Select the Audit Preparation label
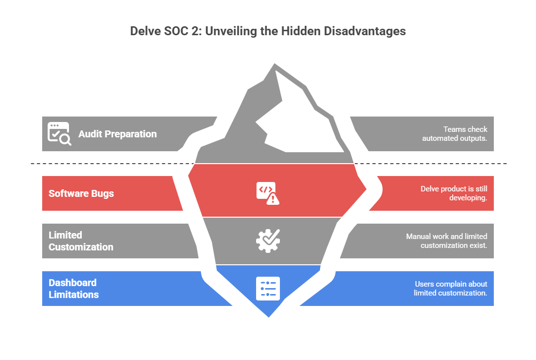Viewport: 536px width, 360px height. (x=117, y=134)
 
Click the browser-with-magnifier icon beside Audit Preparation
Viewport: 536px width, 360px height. (x=59, y=133)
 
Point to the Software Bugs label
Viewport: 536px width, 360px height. (x=81, y=193)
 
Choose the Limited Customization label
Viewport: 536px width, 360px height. (x=80, y=241)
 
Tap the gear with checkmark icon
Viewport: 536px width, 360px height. (x=268, y=240)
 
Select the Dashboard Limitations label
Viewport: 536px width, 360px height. (x=73, y=289)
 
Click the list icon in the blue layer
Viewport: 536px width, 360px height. (x=268, y=289)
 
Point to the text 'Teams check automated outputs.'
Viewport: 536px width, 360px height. (x=455, y=134)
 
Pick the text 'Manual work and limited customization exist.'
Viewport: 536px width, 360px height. (x=446, y=241)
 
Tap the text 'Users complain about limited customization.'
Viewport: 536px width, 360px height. (x=450, y=289)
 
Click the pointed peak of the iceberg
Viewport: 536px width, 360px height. (x=273, y=64)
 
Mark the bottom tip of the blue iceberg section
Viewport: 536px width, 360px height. (x=268, y=316)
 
